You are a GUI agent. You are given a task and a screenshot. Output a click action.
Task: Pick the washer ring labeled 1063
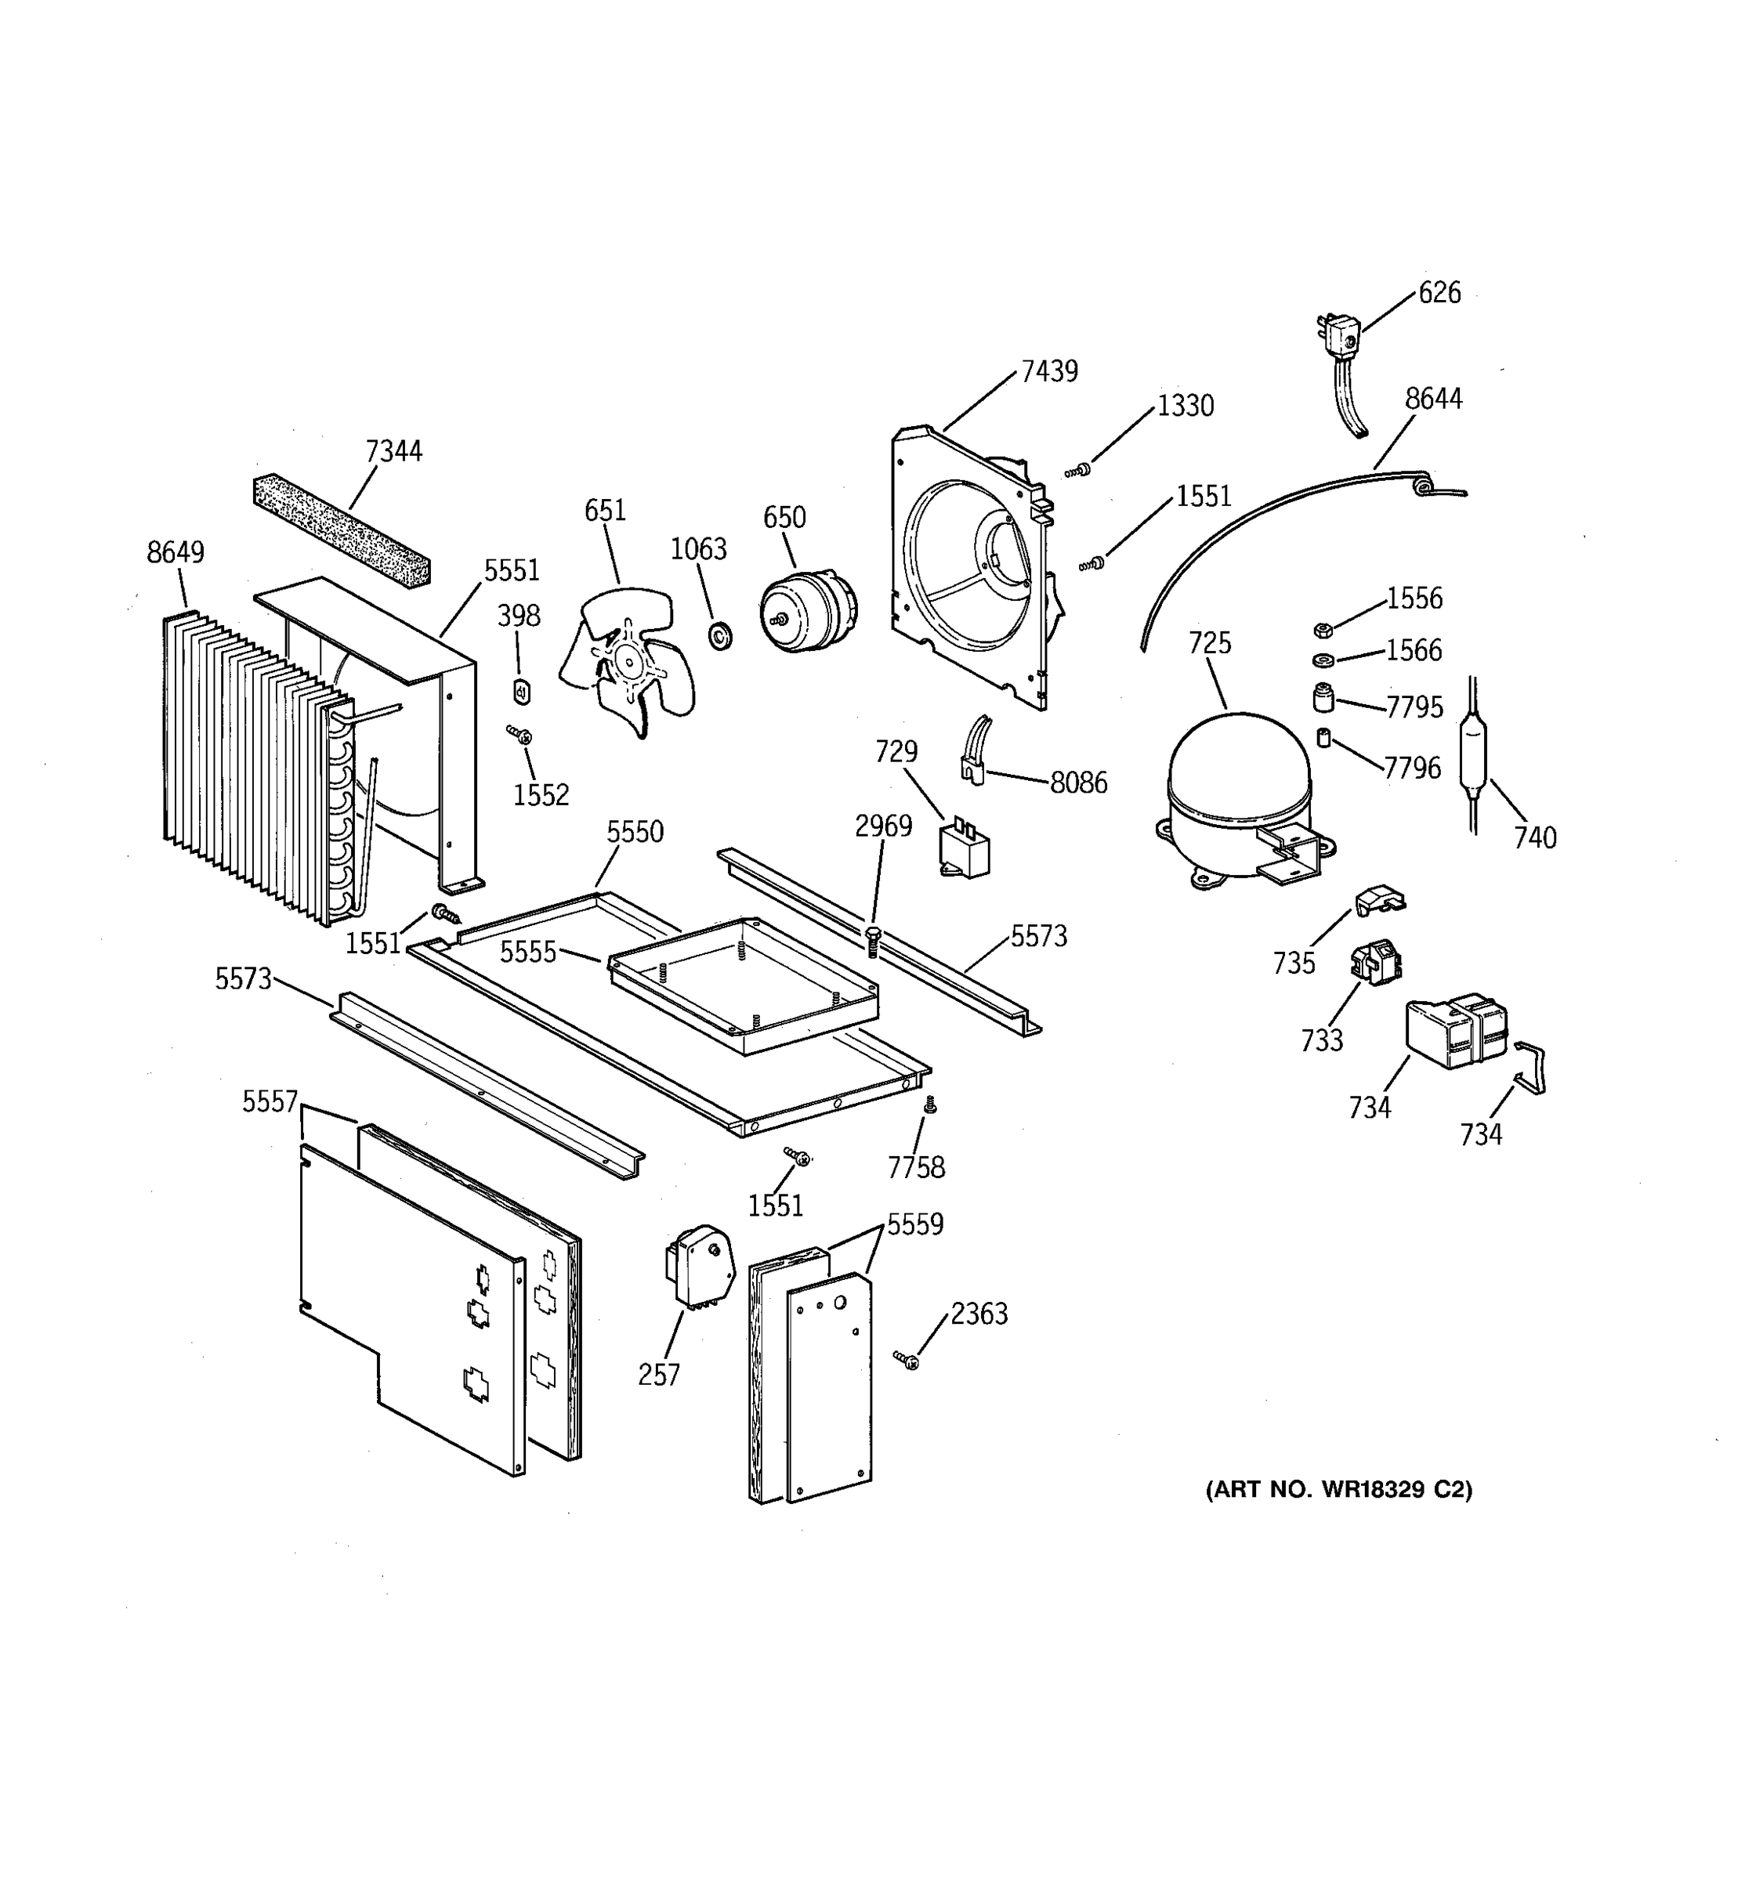pos(720,636)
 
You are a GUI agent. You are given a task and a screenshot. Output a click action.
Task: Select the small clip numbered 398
pos(521,692)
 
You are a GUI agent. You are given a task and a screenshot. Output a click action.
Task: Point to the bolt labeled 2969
pos(873,942)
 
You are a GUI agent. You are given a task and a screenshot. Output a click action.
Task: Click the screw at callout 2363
pos(906,1360)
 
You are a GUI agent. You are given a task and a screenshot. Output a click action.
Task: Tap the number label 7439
pos(1049,371)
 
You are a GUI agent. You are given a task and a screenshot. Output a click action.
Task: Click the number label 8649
pos(175,552)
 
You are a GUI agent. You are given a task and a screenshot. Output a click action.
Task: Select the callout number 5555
pos(528,951)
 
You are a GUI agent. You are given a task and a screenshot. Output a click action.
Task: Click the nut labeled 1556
pos(1323,631)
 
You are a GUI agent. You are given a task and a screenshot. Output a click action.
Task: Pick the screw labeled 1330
pos(1077,470)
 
